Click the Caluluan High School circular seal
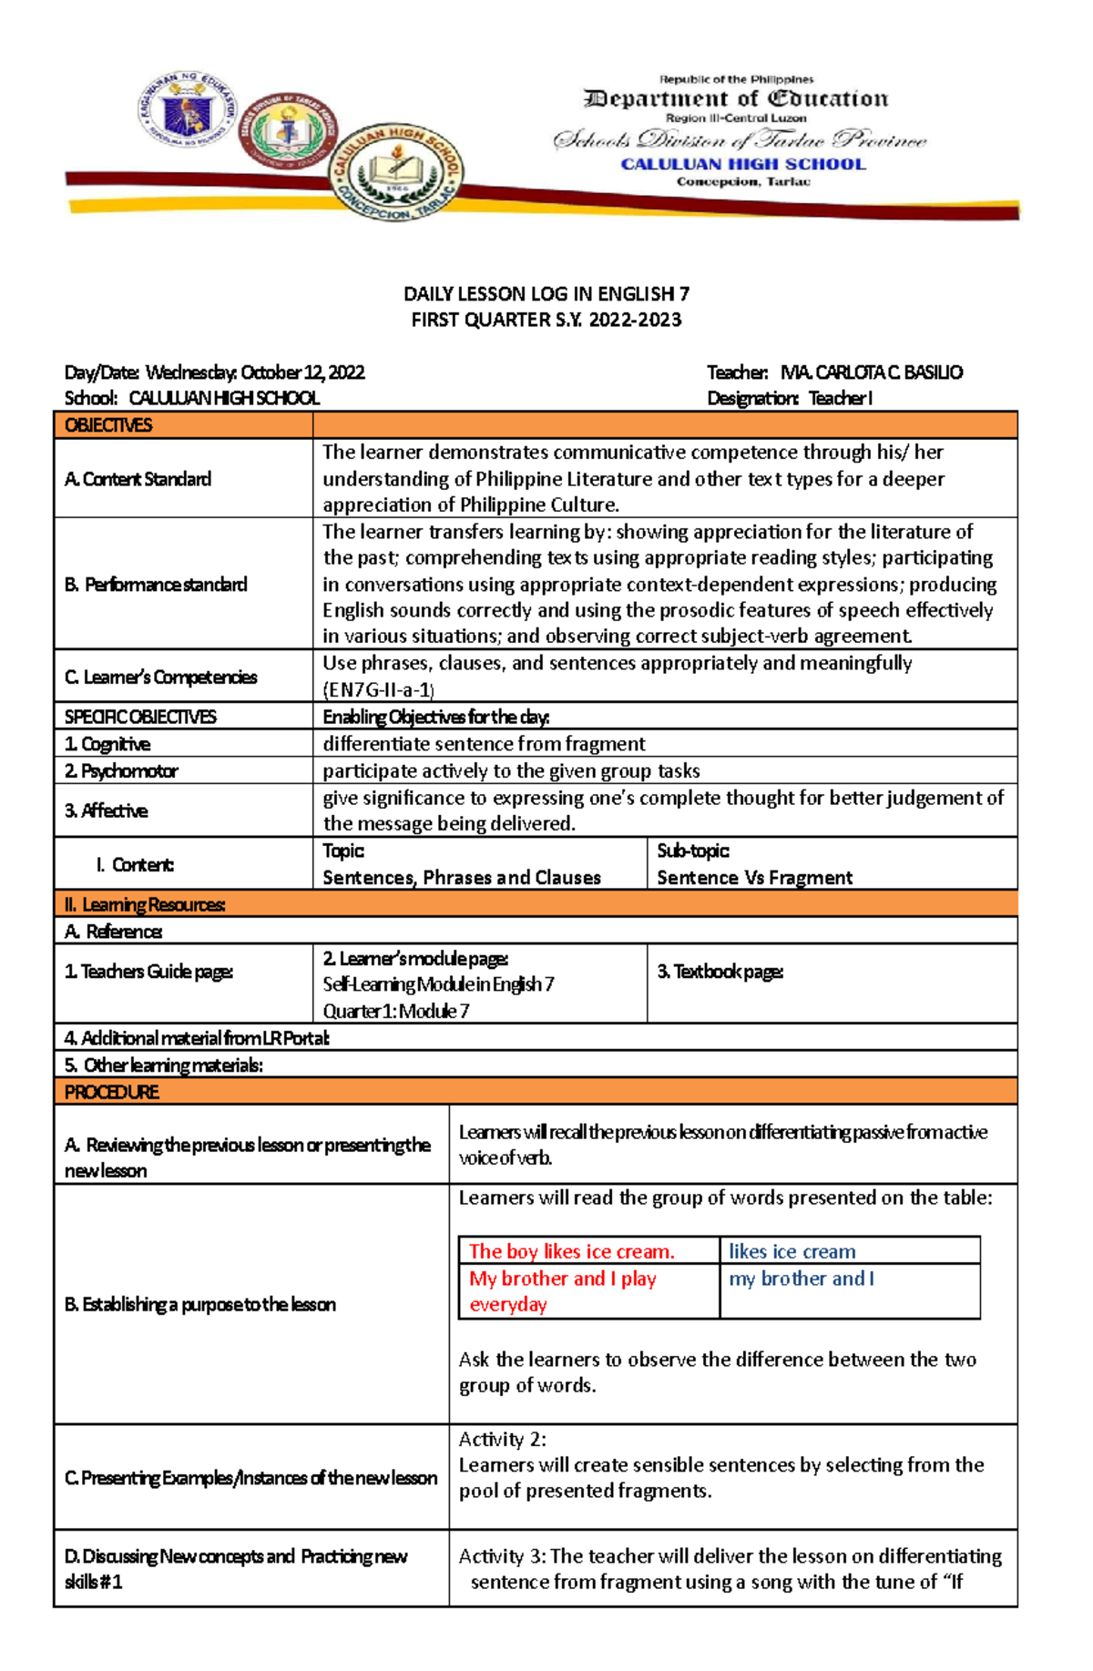396,172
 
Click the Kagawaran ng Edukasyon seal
187,112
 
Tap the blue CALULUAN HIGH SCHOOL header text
742,164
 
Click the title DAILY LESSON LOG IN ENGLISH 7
546,294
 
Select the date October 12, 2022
302,372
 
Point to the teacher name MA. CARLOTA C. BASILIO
872,372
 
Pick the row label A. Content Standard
138,479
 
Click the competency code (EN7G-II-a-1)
378,689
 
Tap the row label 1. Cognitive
107,744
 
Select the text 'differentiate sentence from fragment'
484,744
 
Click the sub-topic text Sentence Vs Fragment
754,878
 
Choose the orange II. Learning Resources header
145,904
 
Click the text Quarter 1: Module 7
396,1011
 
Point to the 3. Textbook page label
720,972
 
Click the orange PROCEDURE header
111,1092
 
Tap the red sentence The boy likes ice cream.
571,1251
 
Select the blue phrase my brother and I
801,1279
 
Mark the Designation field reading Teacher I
790,398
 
